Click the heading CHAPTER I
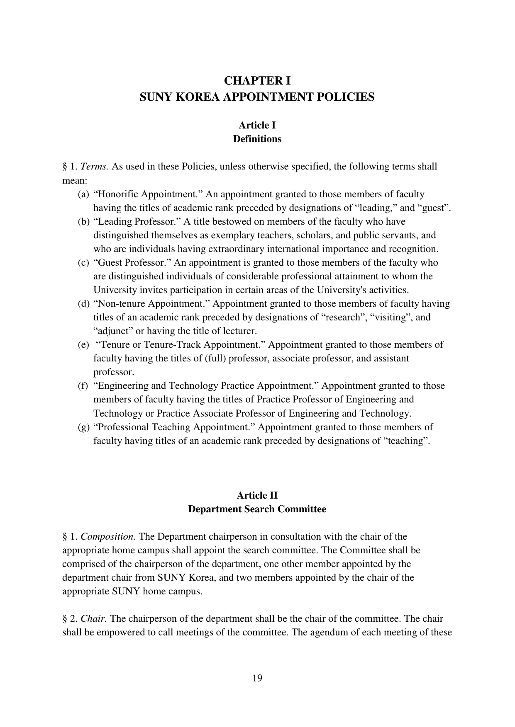click(x=257, y=80)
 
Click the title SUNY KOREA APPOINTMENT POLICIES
click(x=257, y=97)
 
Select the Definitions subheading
click(x=257, y=139)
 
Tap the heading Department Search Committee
click(x=257, y=509)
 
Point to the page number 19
click(x=257, y=678)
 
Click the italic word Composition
click(x=108, y=537)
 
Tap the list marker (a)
click(x=83, y=194)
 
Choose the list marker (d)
click(x=83, y=304)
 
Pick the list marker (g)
click(x=83, y=427)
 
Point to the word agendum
click(x=337, y=632)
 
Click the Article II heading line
click(x=257, y=496)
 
